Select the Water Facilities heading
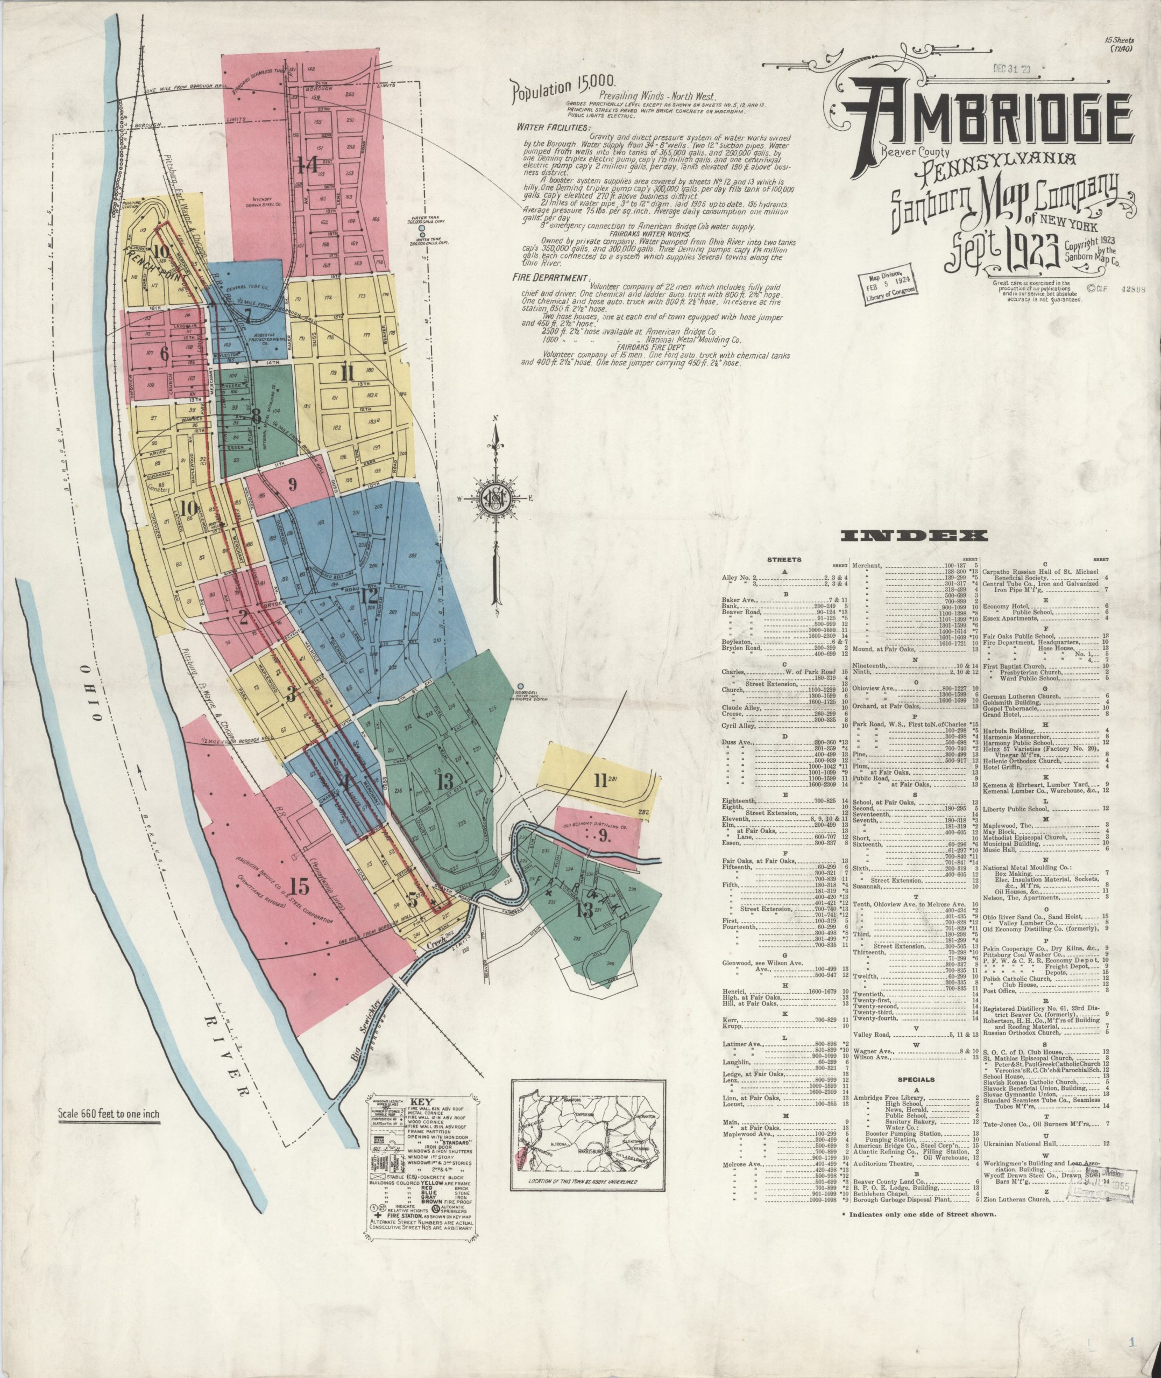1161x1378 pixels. [x=554, y=127]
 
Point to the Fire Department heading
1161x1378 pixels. [x=551, y=278]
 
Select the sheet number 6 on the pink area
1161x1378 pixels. [x=164, y=353]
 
